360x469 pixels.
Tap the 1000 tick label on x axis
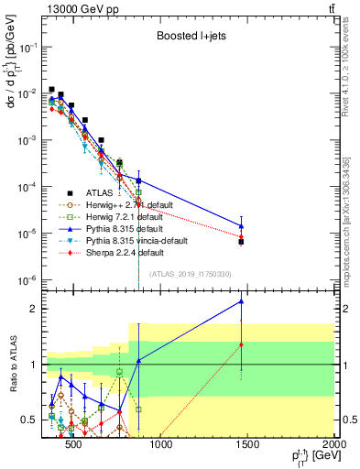pos(161,445)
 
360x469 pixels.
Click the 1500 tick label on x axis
pos(248,445)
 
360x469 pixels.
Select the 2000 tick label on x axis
pos(335,445)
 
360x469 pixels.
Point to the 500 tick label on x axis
pos(74,445)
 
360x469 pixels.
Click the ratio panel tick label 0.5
pos(33,420)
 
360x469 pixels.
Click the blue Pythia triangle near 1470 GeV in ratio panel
pos(241,300)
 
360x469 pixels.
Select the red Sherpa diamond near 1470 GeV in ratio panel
pos(241,344)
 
